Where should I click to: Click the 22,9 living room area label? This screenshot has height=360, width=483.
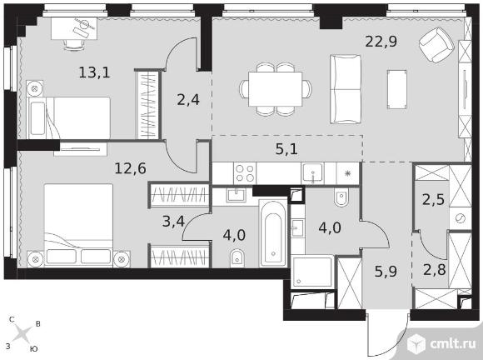[x=381, y=42]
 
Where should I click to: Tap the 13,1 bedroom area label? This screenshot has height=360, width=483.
[x=95, y=72]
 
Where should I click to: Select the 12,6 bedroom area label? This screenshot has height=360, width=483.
[x=130, y=168]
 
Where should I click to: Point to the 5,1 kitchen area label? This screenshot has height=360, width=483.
[x=286, y=149]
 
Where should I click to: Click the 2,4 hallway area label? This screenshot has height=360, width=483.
[x=188, y=100]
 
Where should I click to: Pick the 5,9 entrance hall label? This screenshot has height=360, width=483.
[x=386, y=272]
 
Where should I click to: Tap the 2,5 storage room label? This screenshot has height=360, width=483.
[x=433, y=200]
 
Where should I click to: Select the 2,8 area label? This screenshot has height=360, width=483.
[x=435, y=270]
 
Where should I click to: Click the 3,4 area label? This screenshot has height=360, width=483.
[x=173, y=221]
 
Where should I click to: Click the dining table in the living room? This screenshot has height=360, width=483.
[x=276, y=89]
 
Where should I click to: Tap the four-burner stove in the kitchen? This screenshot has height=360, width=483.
[x=245, y=173]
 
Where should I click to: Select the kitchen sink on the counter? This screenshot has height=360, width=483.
[x=312, y=173]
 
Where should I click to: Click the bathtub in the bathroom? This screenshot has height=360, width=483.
[x=273, y=233]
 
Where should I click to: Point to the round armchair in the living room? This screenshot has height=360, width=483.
[x=436, y=45]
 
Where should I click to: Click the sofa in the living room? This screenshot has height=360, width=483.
[x=346, y=89]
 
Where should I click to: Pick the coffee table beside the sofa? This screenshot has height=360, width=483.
[x=397, y=89]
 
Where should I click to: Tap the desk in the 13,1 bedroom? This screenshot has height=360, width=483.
[x=74, y=28]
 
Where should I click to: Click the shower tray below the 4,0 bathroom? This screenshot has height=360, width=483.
[x=312, y=271]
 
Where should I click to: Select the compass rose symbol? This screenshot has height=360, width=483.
[x=22, y=334]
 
